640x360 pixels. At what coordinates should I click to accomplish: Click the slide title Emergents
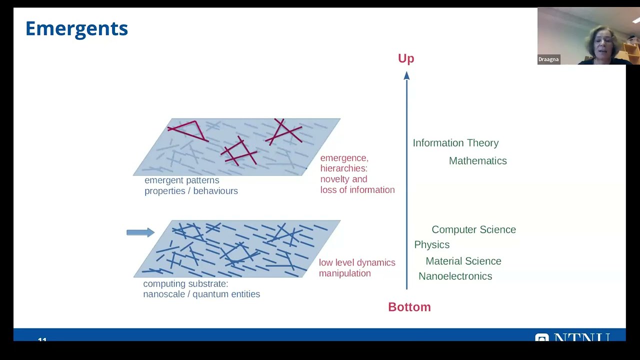[x=76, y=28]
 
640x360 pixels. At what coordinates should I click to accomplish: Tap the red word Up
[x=406, y=58]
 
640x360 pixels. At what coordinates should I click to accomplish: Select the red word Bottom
[x=409, y=307]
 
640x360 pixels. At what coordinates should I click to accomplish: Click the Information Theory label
[x=455, y=143]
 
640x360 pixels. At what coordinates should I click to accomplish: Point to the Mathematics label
[x=477, y=161]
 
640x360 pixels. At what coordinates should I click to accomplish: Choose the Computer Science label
[x=473, y=229]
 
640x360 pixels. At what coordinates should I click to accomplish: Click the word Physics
[x=431, y=244]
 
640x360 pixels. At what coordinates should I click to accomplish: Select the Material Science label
[x=463, y=261]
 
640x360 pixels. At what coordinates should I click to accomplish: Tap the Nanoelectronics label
[x=455, y=276]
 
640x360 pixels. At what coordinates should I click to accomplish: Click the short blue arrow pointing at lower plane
[x=140, y=232]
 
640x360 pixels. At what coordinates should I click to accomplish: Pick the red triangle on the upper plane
[x=189, y=130]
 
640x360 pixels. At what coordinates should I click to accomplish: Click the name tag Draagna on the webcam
[x=548, y=59]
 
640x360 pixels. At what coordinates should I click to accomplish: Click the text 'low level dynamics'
[x=357, y=262]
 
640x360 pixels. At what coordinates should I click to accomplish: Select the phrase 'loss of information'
[x=357, y=190]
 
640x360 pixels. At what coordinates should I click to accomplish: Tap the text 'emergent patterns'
[x=181, y=180]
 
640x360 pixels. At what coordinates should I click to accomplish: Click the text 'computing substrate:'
[x=185, y=283]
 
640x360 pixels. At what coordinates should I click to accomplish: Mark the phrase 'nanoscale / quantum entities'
[x=201, y=294]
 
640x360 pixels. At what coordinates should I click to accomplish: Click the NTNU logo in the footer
[x=573, y=337]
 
